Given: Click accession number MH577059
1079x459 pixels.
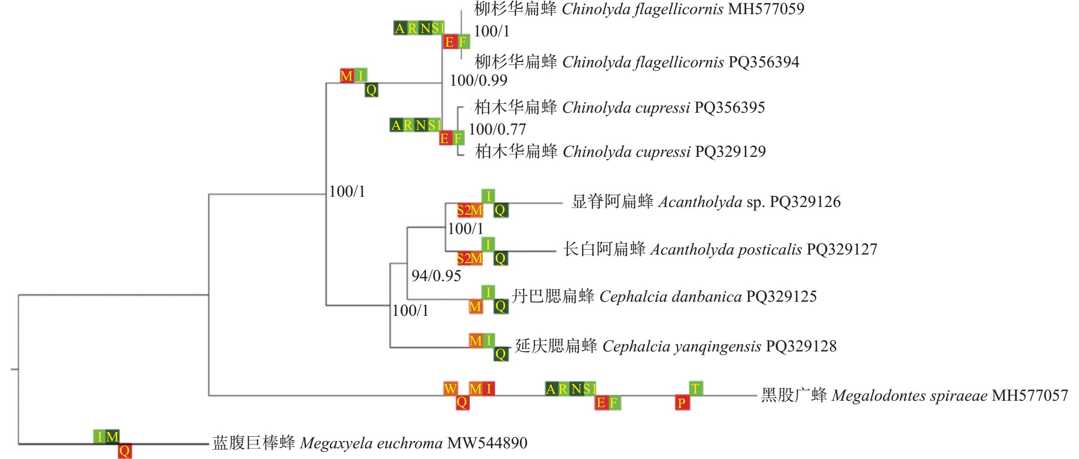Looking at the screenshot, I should coord(766,9).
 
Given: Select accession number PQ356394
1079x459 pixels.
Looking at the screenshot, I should coord(764,62).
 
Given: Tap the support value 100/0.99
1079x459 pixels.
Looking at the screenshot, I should coord(478,80).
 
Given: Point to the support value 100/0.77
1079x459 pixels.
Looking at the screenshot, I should coord(497,129).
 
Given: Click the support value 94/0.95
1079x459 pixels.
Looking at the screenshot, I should coord(436,276).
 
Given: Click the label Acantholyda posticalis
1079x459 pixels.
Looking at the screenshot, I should coord(726,249).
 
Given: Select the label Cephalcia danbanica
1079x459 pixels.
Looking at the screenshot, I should coord(670,297).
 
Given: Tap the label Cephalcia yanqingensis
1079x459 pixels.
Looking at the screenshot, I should coord(682,346).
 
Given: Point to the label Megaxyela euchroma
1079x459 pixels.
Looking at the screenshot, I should coord(371,443).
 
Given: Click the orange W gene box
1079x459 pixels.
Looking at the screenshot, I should coord(450,389).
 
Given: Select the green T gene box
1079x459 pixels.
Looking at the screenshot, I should coord(696,388).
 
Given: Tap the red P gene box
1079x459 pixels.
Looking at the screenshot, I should coord(682,403).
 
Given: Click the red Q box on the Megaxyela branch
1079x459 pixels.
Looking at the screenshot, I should coord(125,451).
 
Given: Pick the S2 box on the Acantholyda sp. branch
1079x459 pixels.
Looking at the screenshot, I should coord(463,210).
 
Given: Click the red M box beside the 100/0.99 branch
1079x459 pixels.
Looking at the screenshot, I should coord(347,76).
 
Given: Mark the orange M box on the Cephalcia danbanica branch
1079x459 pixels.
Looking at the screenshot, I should coord(475,306).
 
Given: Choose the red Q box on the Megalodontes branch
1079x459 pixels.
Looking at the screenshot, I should coord(462,402).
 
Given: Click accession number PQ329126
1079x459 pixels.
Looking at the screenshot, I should coord(805,201).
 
